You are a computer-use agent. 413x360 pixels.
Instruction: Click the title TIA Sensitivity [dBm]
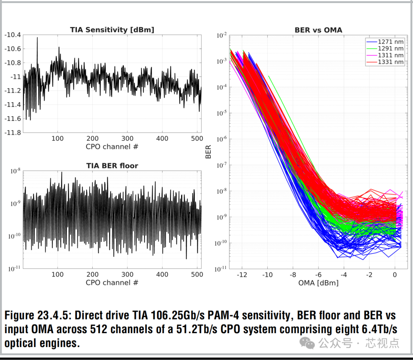point(112,29)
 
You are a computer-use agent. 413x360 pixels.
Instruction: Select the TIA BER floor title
point(112,166)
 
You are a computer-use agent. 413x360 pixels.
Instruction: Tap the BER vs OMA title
point(318,29)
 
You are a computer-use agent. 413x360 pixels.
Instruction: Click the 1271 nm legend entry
point(390,42)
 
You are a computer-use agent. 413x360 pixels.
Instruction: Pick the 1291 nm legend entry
point(390,49)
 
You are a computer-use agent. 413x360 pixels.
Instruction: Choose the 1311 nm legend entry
point(390,55)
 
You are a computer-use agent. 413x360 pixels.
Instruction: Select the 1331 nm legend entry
point(390,62)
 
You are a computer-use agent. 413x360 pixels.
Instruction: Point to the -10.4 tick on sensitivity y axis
point(12,35)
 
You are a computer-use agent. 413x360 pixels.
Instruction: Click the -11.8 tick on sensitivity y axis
point(12,132)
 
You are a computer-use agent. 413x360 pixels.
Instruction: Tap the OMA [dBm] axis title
point(318,283)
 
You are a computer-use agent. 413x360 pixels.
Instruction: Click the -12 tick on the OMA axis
point(242,275)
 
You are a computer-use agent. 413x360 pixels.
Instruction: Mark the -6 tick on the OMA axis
point(318,275)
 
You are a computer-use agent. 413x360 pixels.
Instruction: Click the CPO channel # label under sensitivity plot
point(112,147)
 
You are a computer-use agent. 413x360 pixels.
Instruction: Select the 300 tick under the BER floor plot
point(127,274)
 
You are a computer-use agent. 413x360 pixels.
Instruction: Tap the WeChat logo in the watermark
point(307,342)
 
